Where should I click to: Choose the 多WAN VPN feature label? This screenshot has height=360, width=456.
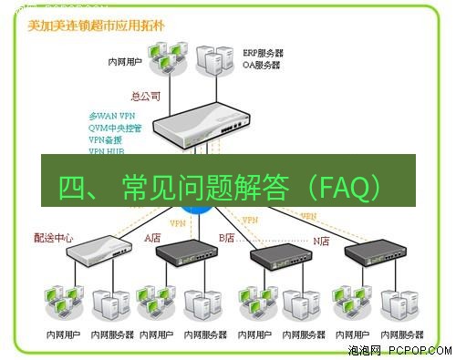111,117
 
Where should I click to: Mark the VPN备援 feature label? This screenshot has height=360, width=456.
107,140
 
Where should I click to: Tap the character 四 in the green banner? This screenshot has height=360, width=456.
72,187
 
